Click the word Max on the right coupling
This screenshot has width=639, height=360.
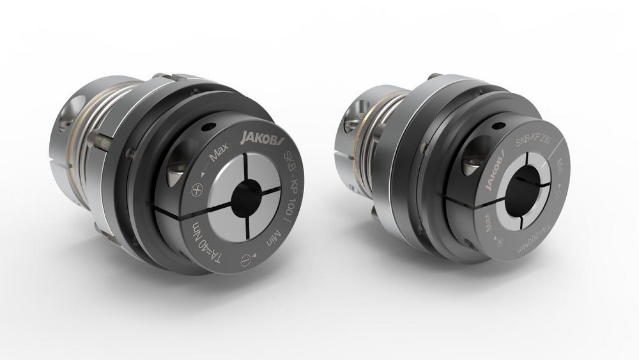tap(490, 223)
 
